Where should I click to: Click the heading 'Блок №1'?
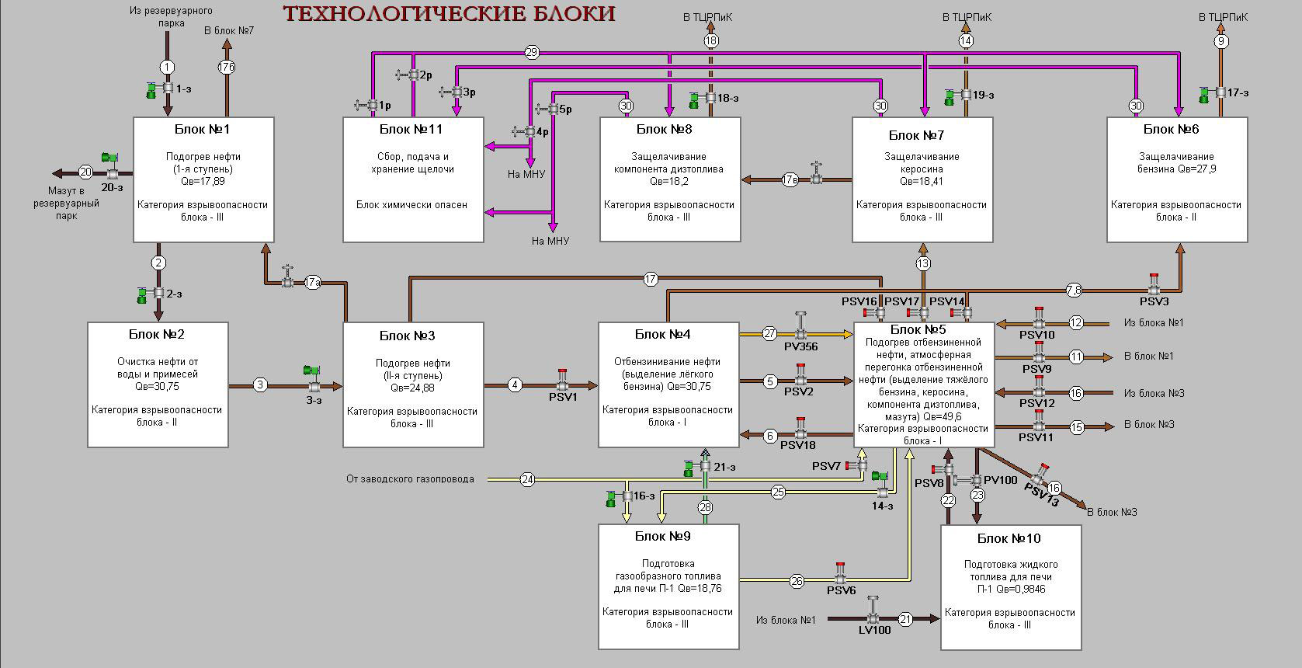(x=203, y=129)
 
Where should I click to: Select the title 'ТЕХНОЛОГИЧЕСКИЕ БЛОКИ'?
(x=449, y=14)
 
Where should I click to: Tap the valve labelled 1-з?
(x=168, y=89)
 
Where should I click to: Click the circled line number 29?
(x=531, y=53)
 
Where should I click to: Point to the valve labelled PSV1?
(x=563, y=384)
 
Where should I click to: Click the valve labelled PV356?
(x=800, y=333)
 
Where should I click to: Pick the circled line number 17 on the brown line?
(x=651, y=278)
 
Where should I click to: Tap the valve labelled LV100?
(x=873, y=618)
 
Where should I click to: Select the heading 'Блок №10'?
(x=1009, y=538)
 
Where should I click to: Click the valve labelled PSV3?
(x=1154, y=290)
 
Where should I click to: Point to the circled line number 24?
(x=528, y=479)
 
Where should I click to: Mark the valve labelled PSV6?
(x=841, y=579)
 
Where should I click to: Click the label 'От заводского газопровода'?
(x=410, y=479)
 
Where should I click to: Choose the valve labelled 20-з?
(x=113, y=172)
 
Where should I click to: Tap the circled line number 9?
(x=1221, y=41)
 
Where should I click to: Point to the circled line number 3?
(x=260, y=384)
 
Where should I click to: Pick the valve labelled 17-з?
(x=1220, y=92)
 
